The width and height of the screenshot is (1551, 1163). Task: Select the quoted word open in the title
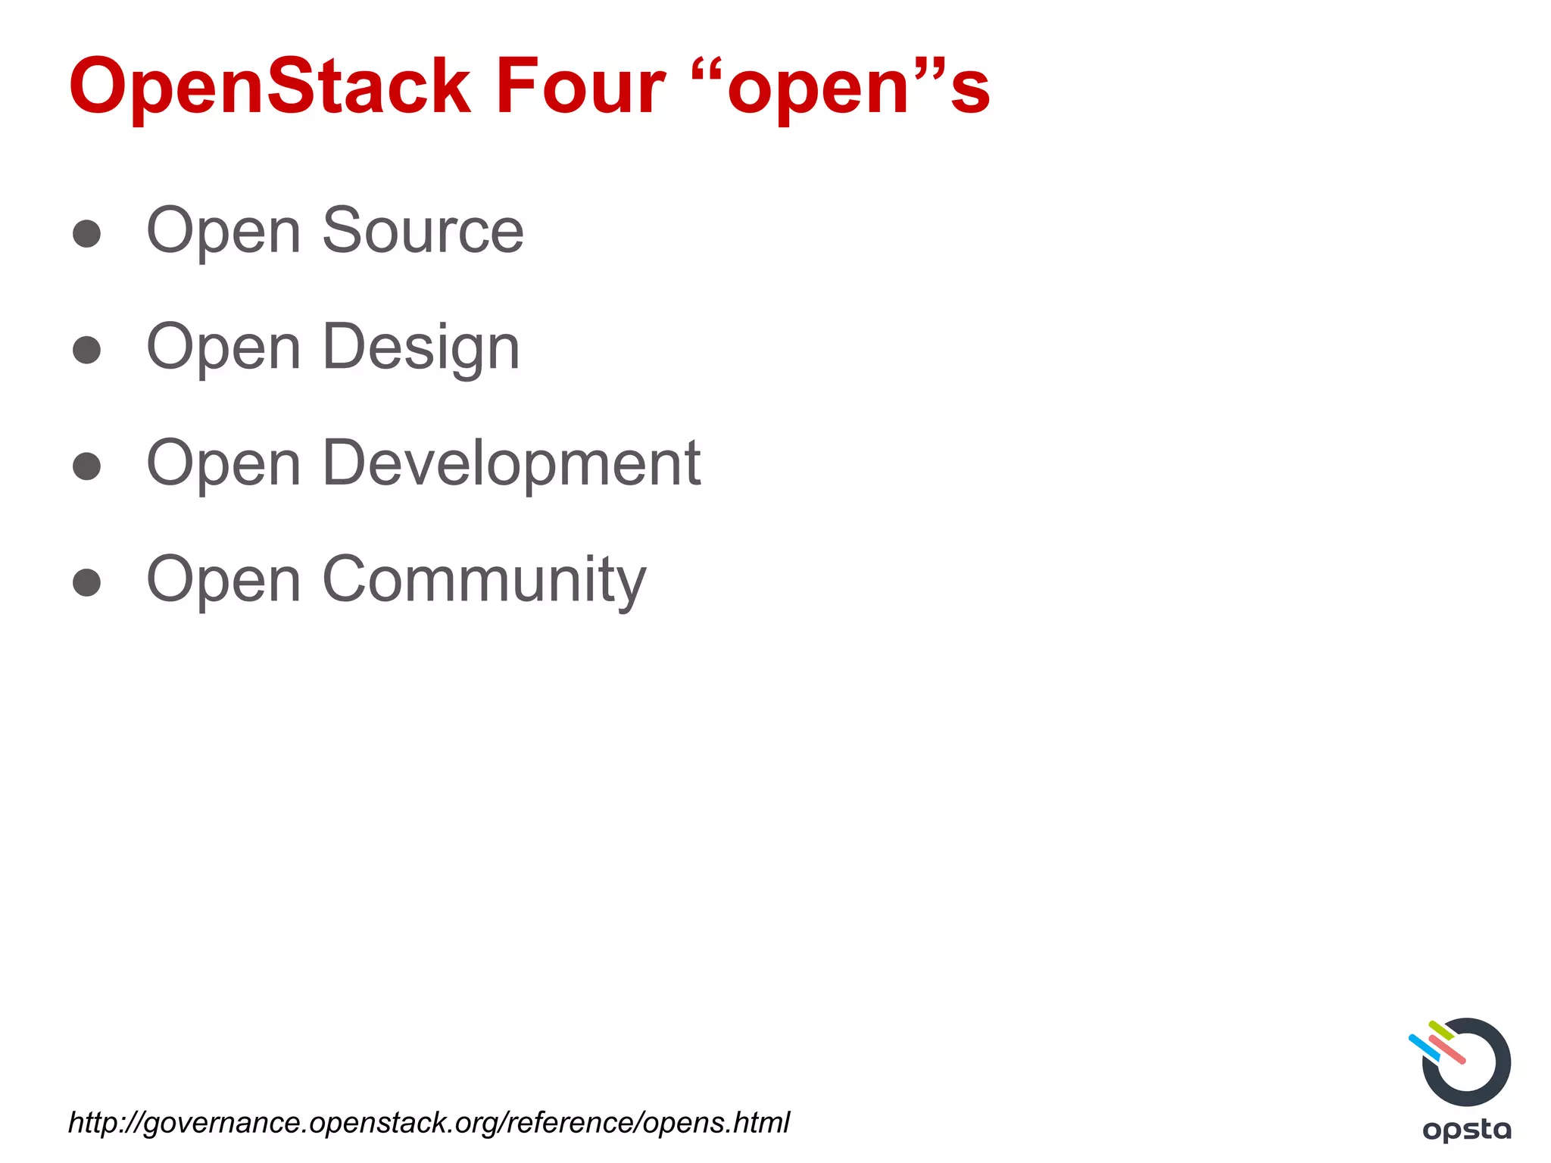coord(818,89)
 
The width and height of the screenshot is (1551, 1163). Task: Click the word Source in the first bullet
coord(423,230)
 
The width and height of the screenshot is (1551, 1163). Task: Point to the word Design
coord(421,348)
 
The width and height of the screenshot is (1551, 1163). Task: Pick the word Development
coord(511,463)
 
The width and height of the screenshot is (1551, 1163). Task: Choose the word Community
coord(484,580)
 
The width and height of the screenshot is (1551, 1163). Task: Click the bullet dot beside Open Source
coord(87,234)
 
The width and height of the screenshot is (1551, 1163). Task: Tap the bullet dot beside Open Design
coord(87,350)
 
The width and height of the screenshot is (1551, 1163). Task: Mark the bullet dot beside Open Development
coord(87,466)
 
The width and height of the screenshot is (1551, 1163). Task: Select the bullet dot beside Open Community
coord(87,582)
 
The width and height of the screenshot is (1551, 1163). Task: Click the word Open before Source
coord(223,232)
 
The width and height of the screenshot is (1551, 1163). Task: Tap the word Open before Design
coord(223,348)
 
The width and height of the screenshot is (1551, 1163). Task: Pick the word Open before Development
coord(223,464)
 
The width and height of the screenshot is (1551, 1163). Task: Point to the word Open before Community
coord(223,581)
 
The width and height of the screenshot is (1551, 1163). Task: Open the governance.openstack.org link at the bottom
coord(429,1122)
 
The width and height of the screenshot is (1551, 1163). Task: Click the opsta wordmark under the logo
coord(1467,1130)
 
